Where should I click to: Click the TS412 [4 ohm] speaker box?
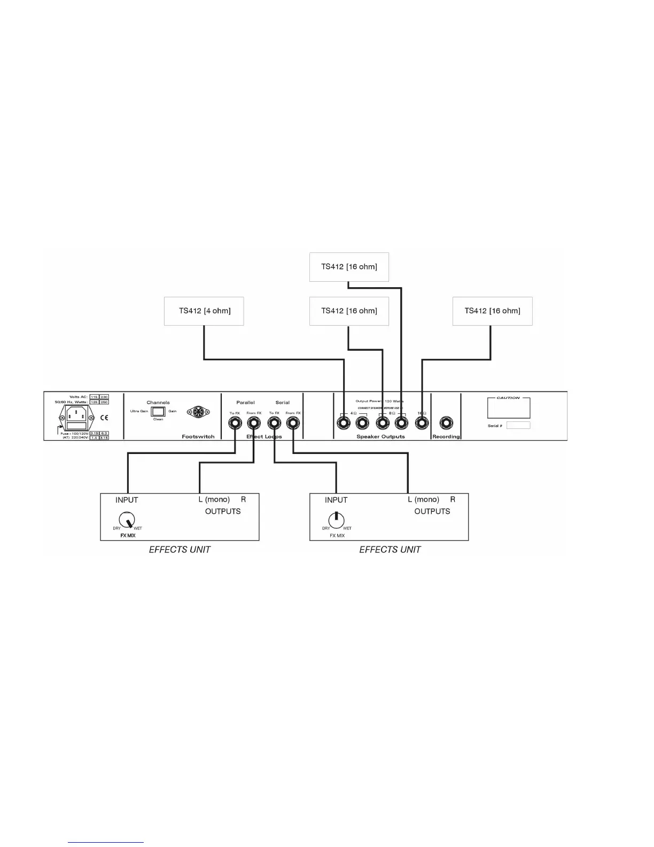click(204, 311)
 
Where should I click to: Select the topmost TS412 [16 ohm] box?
click(349, 267)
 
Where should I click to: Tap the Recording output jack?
click(446, 423)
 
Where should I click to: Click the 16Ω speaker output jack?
click(422, 423)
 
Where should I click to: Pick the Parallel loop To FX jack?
click(235, 423)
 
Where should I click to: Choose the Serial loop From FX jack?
click(293, 423)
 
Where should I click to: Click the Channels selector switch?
click(158, 411)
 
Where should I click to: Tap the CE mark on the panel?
click(104, 418)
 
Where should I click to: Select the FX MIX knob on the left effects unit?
click(127, 519)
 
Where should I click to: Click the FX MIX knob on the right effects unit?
click(336, 519)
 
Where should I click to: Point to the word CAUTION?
click(508, 398)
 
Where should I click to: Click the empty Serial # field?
click(518, 426)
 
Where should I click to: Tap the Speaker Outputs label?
click(380, 437)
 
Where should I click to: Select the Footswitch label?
click(198, 437)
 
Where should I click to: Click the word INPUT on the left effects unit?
click(127, 500)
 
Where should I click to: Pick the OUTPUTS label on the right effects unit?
click(432, 512)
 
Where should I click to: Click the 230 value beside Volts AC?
click(104, 397)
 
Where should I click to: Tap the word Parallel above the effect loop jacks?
click(245, 403)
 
